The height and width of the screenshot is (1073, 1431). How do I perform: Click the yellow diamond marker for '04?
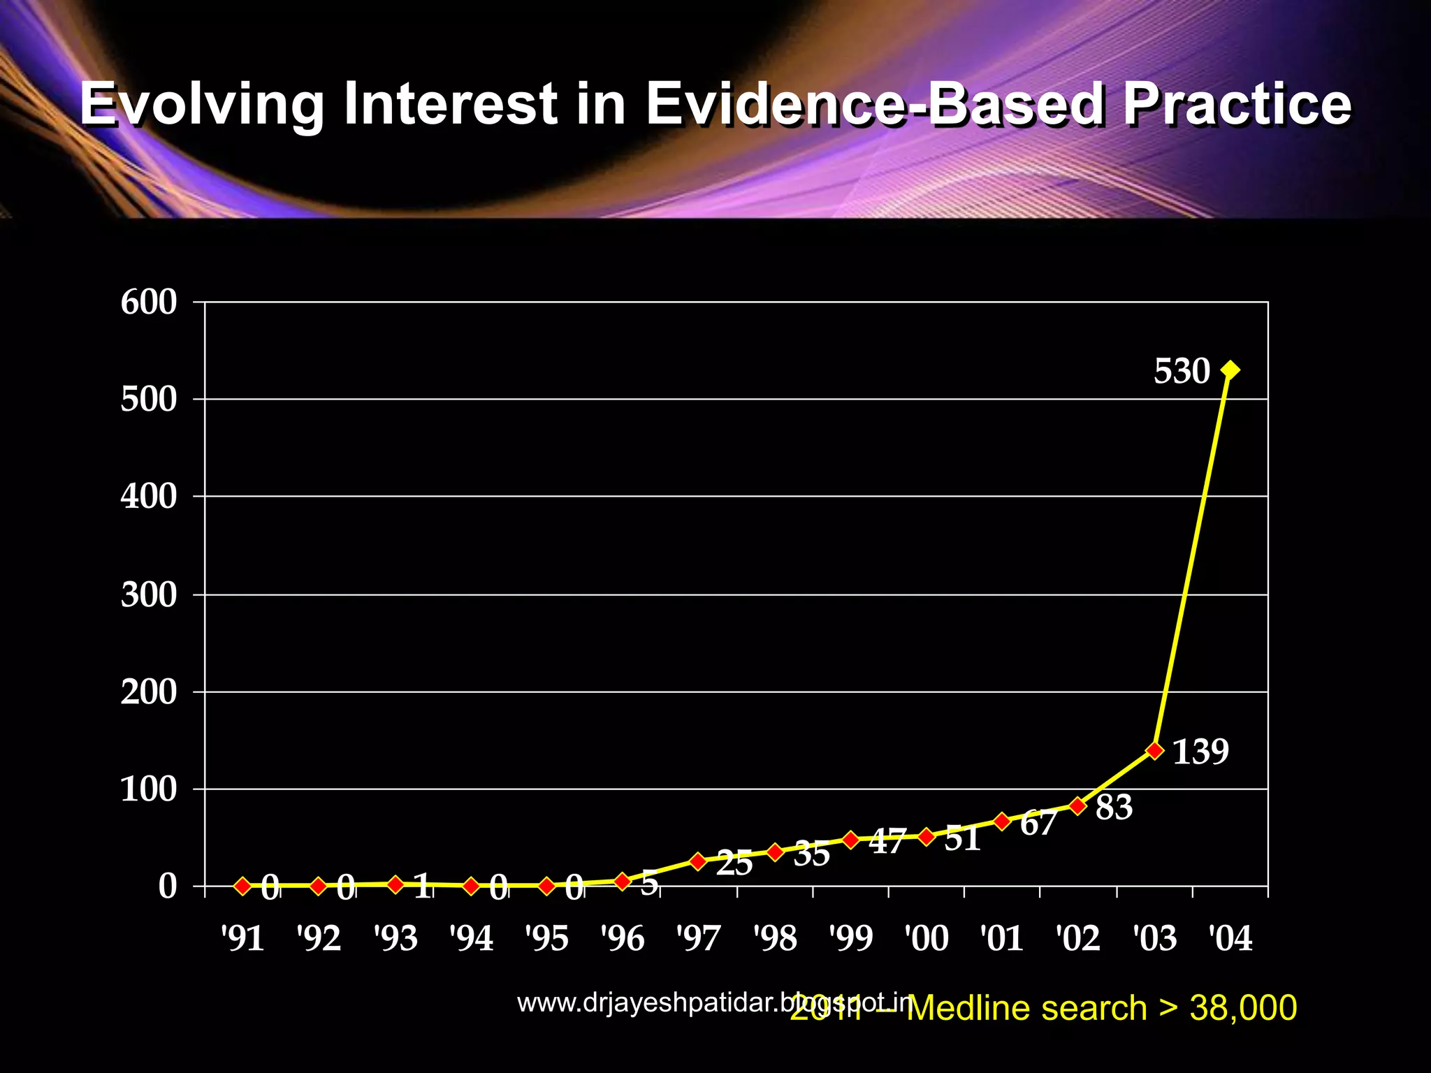click(1230, 370)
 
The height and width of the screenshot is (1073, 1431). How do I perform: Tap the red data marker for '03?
click(1154, 750)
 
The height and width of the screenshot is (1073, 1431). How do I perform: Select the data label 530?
click(1182, 371)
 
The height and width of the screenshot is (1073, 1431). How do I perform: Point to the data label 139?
click(1200, 752)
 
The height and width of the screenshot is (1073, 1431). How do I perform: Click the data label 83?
click(1114, 808)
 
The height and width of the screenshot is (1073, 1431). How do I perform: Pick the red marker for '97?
click(697, 861)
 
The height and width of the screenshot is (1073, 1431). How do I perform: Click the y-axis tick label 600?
click(149, 302)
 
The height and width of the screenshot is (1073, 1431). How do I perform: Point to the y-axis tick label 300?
click(149, 595)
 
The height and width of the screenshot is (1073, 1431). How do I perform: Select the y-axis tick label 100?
click(149, 789)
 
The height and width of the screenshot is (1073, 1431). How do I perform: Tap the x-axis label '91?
click(242, 938)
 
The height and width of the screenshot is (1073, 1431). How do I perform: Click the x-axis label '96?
click(623, 938)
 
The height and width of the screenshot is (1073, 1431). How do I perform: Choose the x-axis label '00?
click(927, 938)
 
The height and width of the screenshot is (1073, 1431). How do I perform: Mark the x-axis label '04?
click(1230, 938)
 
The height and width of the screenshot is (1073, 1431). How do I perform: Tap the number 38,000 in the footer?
click(1243, 1008)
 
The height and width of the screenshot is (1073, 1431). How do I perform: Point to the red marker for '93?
click(395, 884)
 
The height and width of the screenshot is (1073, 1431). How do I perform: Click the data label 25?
click(734, 865)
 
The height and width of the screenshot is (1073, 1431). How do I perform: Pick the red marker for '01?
click(1001, 821)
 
